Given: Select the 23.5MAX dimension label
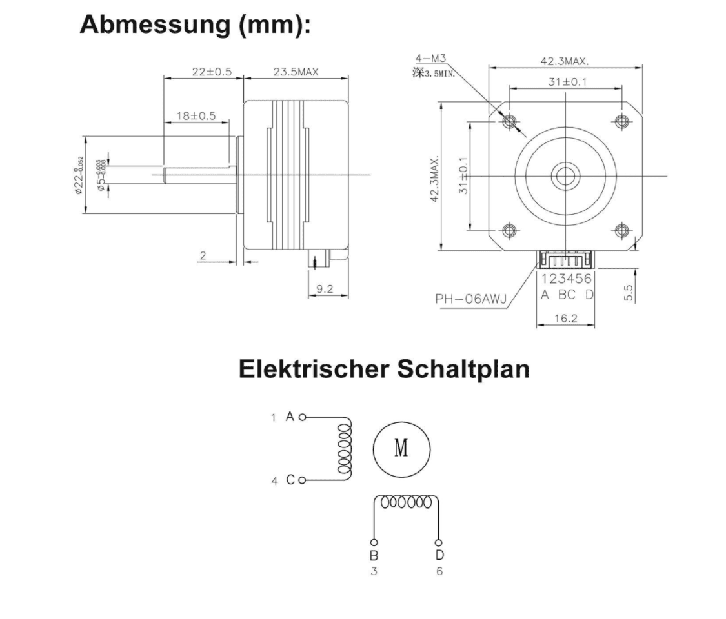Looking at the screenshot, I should click(296, 72).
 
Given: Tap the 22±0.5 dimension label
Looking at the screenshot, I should click(211, 72).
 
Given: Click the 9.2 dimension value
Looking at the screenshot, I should click(324, 289).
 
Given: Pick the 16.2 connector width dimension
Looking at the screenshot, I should click(565, 318).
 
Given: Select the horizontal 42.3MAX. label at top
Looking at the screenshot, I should click(565, 61).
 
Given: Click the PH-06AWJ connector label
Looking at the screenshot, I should click(469, 300).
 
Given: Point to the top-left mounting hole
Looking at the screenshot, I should click(510, 120).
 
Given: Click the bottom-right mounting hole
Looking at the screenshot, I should click(622, 230).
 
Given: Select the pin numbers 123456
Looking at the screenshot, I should click(566, 279).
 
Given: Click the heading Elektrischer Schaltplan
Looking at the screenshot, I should click(384, 369).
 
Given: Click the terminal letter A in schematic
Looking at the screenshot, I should click(290, 417).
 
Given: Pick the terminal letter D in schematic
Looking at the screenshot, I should click(439, 555).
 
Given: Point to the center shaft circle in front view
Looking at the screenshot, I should click(565, 175).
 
